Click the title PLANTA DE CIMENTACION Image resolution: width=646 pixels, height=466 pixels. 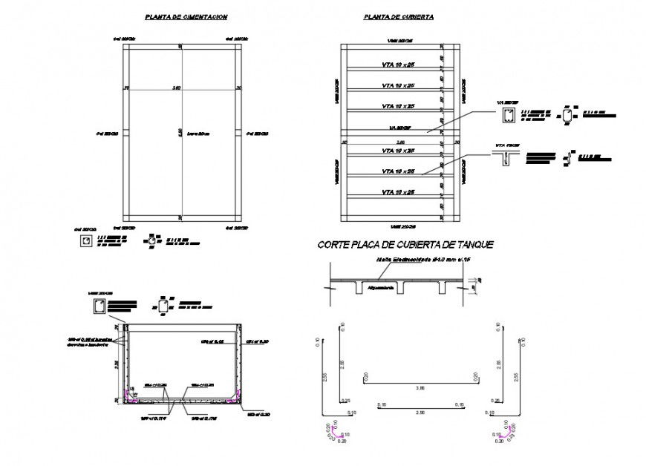(x=186, y=16)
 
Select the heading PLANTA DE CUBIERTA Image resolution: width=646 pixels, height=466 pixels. (x=399, y=16)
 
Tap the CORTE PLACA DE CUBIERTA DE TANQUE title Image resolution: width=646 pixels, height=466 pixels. (x=405, y=244)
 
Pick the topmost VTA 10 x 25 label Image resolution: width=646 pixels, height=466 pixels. (x=398, y=65)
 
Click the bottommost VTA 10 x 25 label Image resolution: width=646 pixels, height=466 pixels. (x=398, y=192)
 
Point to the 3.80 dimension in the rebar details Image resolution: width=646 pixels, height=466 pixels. (x=420, y=387)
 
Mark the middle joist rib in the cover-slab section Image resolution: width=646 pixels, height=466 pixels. (x=400, y=288)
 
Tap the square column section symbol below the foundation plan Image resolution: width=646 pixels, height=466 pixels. (x=87, y=241)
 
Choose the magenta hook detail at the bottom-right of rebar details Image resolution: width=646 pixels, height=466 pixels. (x=495, y=433)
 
